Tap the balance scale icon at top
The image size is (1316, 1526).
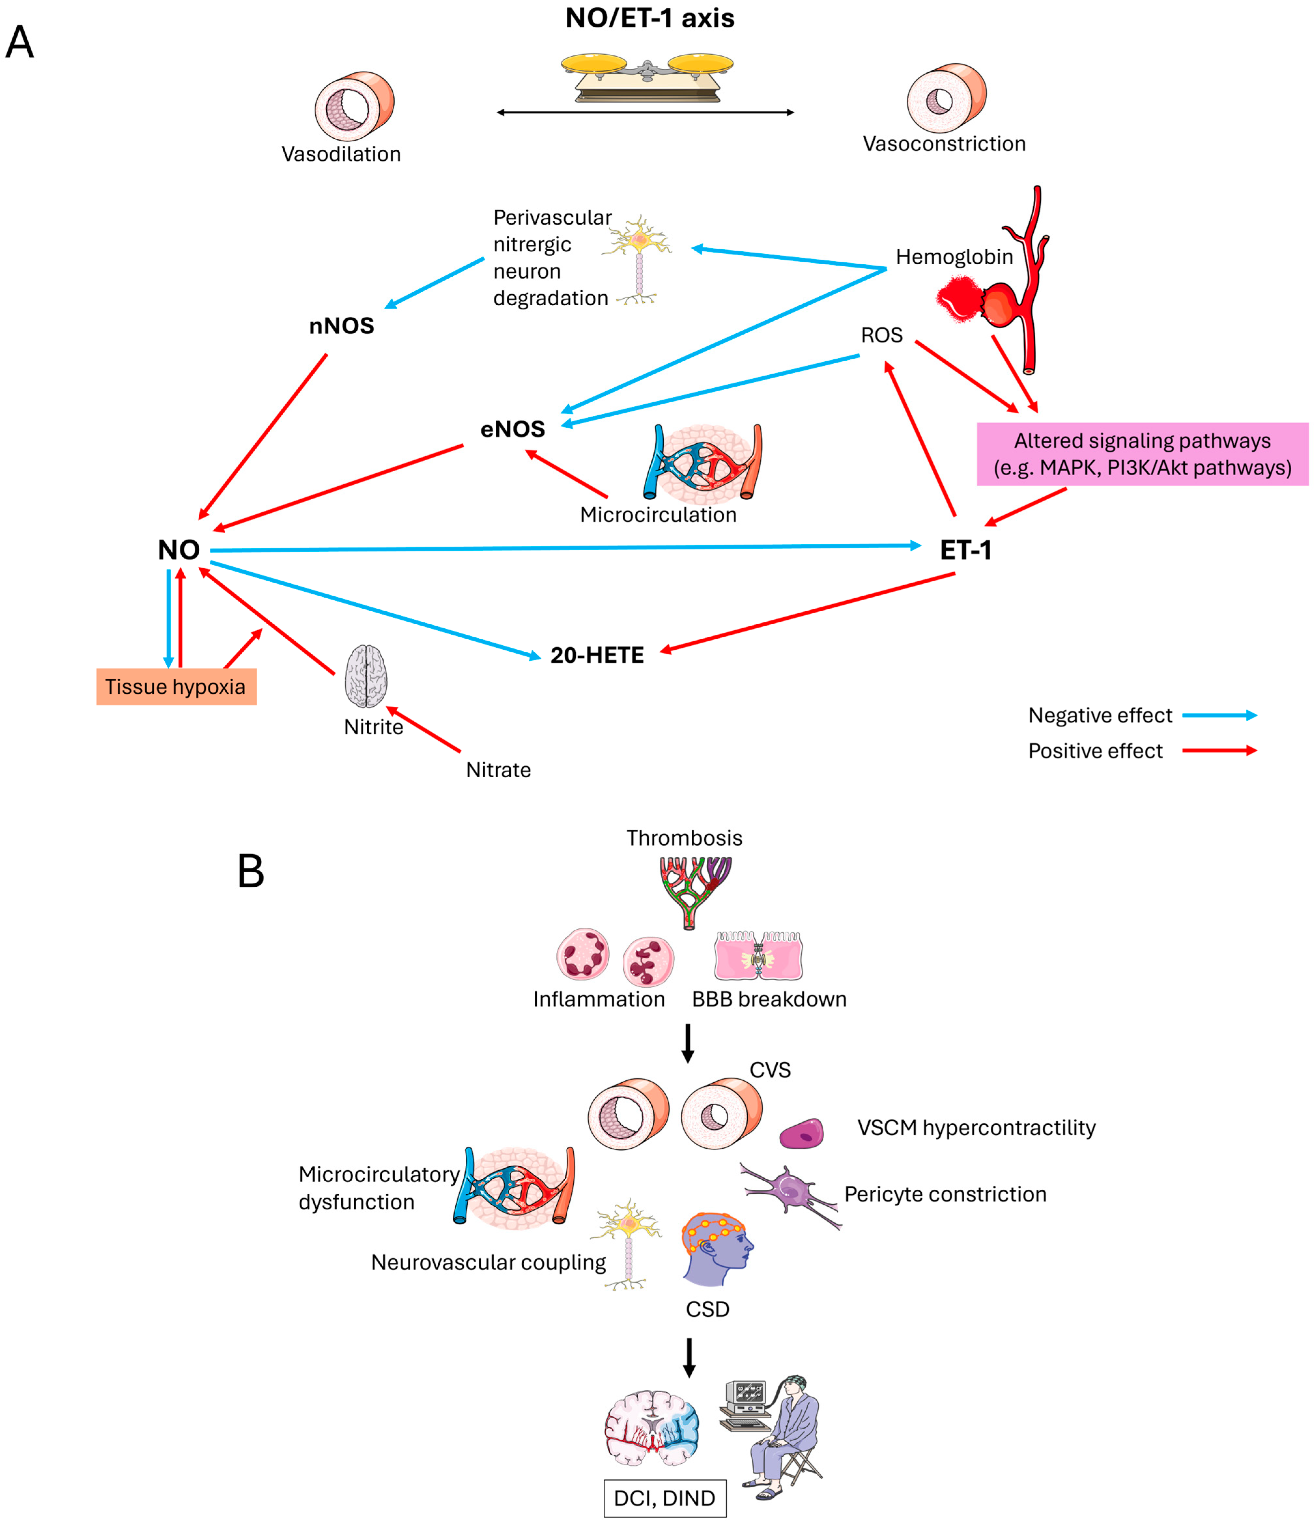(x=647, y=76)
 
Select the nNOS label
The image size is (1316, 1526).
(x=341, y=326)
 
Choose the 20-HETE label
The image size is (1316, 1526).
(x=597, y=655)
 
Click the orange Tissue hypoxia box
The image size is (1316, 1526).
(x=176, y=687)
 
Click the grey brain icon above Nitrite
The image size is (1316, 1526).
(x=366, y=676)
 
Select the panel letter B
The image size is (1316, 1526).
(x=250, y=871)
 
